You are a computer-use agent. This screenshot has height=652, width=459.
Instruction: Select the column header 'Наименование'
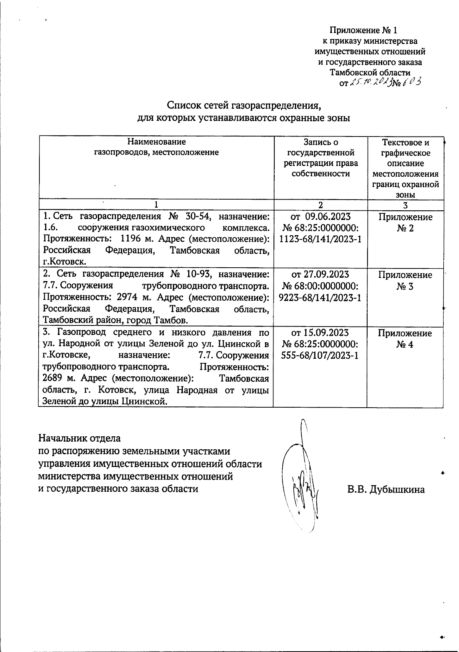point(156,142)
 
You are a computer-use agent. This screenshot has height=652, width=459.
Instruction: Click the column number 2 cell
point(320,205)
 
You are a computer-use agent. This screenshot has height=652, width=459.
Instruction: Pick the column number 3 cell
point(405,205)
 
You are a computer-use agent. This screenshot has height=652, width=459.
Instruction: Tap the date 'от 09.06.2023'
point(321,216)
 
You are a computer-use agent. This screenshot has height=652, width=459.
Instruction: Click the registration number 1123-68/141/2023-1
point(321,239)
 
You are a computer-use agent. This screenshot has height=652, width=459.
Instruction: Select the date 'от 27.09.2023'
point(321,274)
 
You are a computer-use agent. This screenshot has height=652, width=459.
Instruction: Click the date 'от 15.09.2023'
point(321,332)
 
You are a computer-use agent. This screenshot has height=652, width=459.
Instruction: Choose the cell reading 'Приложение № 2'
point(405,223)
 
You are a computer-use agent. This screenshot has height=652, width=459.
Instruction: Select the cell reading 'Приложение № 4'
point(405,338)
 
